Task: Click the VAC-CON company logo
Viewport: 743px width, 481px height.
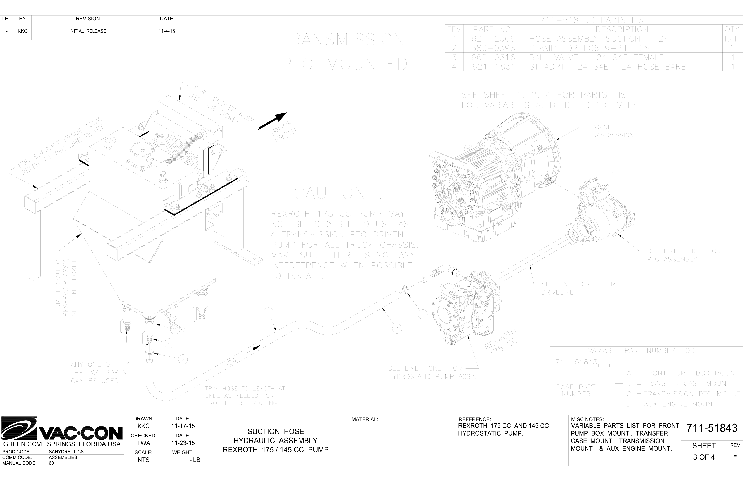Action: click(62, 429)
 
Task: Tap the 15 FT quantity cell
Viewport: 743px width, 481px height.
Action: click(732, 39)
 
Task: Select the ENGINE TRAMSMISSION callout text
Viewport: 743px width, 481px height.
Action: click(611, 131)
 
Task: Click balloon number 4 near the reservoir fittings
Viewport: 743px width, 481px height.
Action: click(169, 343)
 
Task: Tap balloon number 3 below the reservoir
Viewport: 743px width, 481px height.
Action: click(175, 329)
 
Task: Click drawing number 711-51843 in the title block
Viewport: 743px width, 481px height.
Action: click(712, 428)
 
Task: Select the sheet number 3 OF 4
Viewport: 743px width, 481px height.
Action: click(704, 457)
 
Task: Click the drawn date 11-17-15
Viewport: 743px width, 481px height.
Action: click(183, 426)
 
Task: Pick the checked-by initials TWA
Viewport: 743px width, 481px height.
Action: click(143, 443)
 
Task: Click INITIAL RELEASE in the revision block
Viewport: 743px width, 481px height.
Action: click(88, 31)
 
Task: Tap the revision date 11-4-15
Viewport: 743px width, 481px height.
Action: click(166, 31)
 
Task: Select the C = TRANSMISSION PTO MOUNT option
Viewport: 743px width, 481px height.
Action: click(683, 394)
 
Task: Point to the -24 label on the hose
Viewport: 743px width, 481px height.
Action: click(230, 362)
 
